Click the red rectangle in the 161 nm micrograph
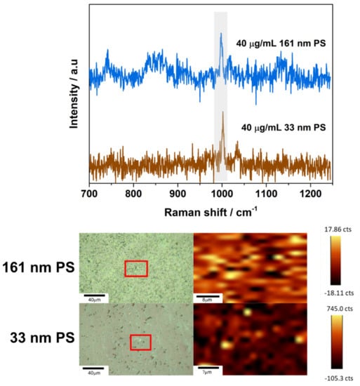136,268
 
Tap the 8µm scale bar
208,294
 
